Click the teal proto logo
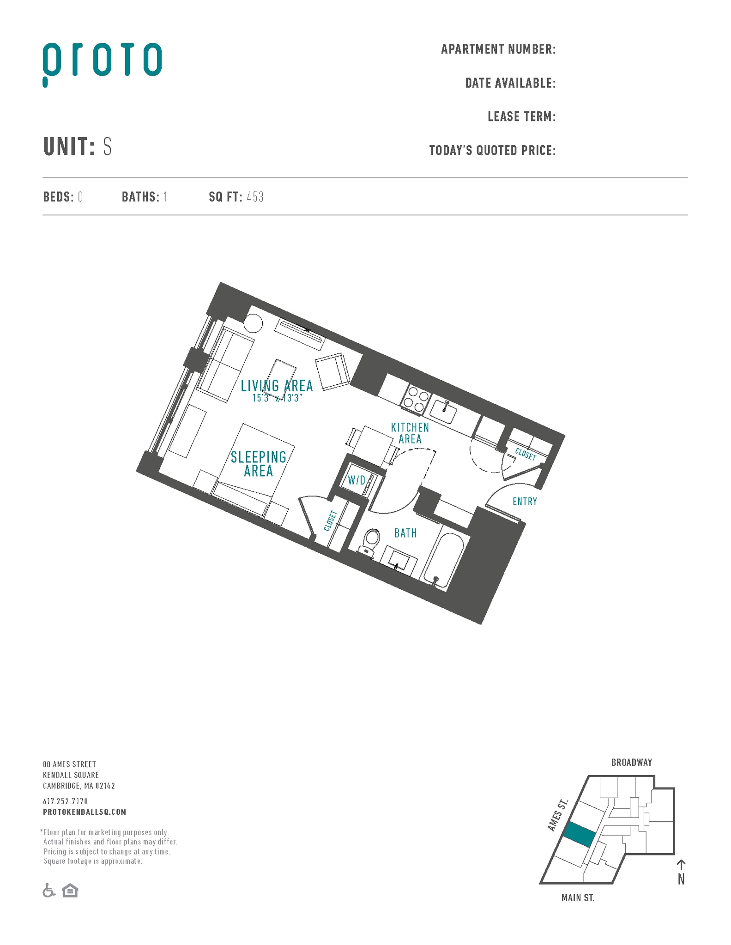[x=102, y=63]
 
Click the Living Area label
[x=277, y=386]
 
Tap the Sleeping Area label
[x=259, y=464]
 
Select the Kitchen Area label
[x=410, y=433]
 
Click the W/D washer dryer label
[x=356, y=480]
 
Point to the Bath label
[x=405, y=533]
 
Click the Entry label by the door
[x=525, y=501]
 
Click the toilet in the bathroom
[x=370, y=541]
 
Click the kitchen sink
[x=444, y=412]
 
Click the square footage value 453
[x=255, y=197]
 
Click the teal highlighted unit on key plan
[x=580, y=834]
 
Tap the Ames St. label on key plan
[x=558, y=815]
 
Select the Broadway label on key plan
[x=631, y=763]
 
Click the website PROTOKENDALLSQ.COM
[x=85, y=812]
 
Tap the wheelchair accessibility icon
[x=48, y=891]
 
